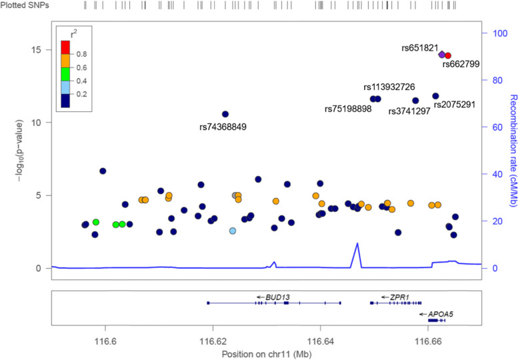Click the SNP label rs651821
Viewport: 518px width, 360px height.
coord(420,48)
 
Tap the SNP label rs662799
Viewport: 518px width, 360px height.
coord(461,65)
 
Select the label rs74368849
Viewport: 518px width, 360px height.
coord(223,127)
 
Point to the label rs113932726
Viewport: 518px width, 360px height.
coord(389,87)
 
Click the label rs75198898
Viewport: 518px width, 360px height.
coord(348,109)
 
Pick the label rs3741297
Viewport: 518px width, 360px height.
coord(409,111)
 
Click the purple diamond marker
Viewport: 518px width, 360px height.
coord(442,54)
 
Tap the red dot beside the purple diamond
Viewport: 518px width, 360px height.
coord(448,56)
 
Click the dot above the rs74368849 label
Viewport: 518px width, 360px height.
coord(225,114)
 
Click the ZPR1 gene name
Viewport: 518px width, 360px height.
coord(399,297)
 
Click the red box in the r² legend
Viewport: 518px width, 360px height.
coord(65,47)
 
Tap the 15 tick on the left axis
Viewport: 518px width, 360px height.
coord(40,50)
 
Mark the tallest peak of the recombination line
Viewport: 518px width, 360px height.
coord(357,243)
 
